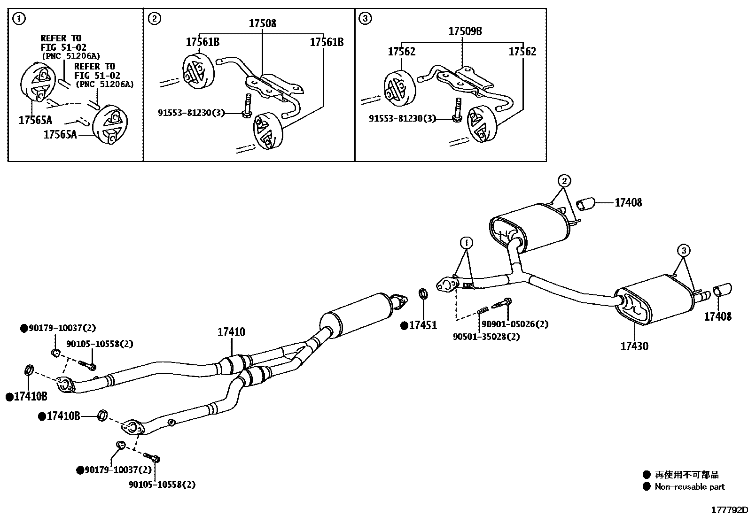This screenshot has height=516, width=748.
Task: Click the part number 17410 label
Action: coord(231,332)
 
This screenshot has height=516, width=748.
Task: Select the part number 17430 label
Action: coord(634,346)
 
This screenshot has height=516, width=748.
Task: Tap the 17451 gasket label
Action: coord(423,325)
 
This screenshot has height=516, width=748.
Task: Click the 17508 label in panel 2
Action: coord(263,23)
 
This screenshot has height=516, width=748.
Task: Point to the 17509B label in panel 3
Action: coord(465,31)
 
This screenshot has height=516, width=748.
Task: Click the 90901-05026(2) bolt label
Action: coord(515,324)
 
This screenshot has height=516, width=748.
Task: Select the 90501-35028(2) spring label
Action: coord(486,337)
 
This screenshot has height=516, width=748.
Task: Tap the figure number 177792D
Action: coord(729,510)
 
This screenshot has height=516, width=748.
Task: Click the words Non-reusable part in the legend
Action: coord(690,486)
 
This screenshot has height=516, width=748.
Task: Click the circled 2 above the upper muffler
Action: coord(564,181)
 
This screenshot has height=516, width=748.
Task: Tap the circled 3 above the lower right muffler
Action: coord(684,250)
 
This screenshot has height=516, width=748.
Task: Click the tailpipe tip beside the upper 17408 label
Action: coord(585,204)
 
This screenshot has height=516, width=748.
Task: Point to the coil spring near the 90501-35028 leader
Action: coord(483,310)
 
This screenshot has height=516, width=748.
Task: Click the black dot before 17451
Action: coord(404,326)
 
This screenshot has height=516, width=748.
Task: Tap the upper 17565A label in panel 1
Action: coord(35,120)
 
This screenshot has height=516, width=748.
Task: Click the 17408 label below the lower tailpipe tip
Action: coord(717,316)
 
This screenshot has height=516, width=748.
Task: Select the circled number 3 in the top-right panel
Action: coord(365,18)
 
